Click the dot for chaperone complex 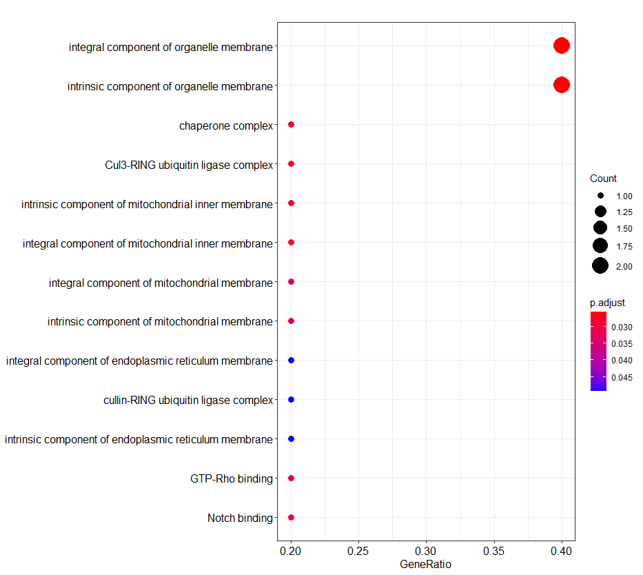(291, 125)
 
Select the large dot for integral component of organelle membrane (561, 46)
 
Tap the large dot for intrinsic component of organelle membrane (561, 85)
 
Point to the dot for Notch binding (291, 517)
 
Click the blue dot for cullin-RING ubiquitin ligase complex (291, 400)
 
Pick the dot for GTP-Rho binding (291, 478)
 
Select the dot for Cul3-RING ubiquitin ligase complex (291, 164)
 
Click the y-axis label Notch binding (240, 518)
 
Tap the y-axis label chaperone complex (226, 125)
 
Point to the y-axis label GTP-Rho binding (232, 478)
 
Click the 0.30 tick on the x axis (426, 552)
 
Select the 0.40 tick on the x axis (561, 552)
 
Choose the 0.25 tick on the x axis (358, 552)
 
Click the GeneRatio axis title (425, 565)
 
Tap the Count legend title (603, 179)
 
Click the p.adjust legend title (607, 303)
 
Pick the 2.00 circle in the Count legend (600, 265)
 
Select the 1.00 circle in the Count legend (600, 196)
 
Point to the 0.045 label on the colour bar (622, 377)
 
